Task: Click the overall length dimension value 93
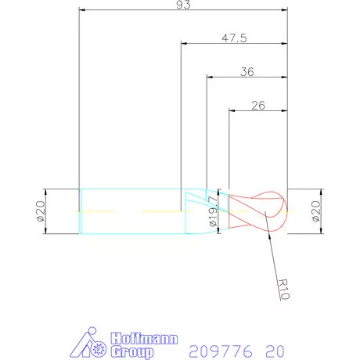(x=184, y=5)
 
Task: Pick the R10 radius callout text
(x=283, y=290)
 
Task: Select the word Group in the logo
(x=131, y=351)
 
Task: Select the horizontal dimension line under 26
(x=258, y=110)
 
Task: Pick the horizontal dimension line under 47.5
(x=235, y=44)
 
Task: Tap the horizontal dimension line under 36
(x=247, y=77)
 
